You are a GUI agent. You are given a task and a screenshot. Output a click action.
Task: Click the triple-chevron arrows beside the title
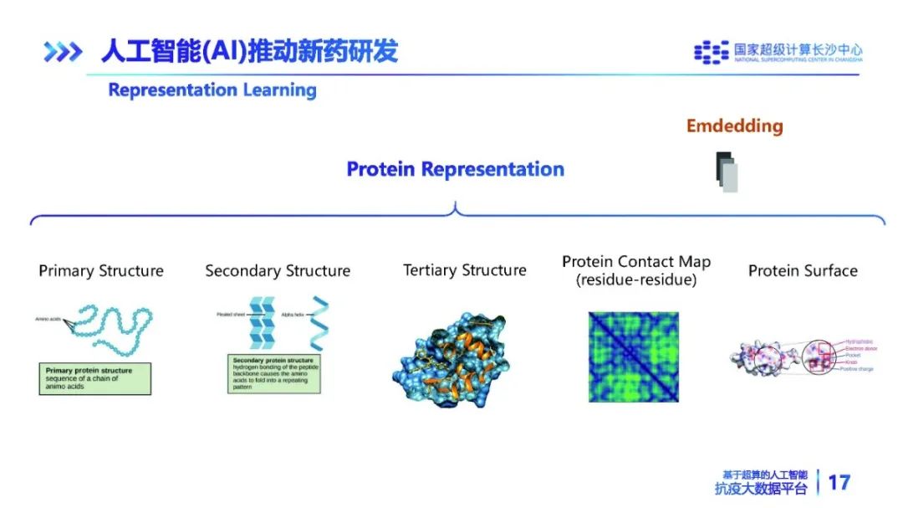click(x=63, y=53)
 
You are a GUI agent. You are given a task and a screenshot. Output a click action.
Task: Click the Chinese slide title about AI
click(x=248, y=52)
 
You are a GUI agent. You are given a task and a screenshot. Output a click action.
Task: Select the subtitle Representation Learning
click(x=212, y=90)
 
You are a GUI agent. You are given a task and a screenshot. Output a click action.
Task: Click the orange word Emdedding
click(x=735, y=126)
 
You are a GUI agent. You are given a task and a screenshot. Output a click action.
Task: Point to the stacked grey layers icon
click(x=727, y=172)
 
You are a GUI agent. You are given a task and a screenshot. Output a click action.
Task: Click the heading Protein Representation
click(x=455, y=169)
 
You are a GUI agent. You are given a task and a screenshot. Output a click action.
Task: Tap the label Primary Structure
click(x=101, y=271)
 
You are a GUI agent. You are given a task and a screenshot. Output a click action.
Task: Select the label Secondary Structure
click(x=278, y=271)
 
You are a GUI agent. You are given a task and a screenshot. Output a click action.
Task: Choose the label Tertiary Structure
click(x=465, y=270)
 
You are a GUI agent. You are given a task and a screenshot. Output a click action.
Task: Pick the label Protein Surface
click(x=803, y=270)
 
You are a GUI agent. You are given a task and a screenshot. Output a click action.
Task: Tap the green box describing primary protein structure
click(x=94, y=378)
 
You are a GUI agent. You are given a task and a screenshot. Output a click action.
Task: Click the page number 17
click(x=839, y=482)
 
